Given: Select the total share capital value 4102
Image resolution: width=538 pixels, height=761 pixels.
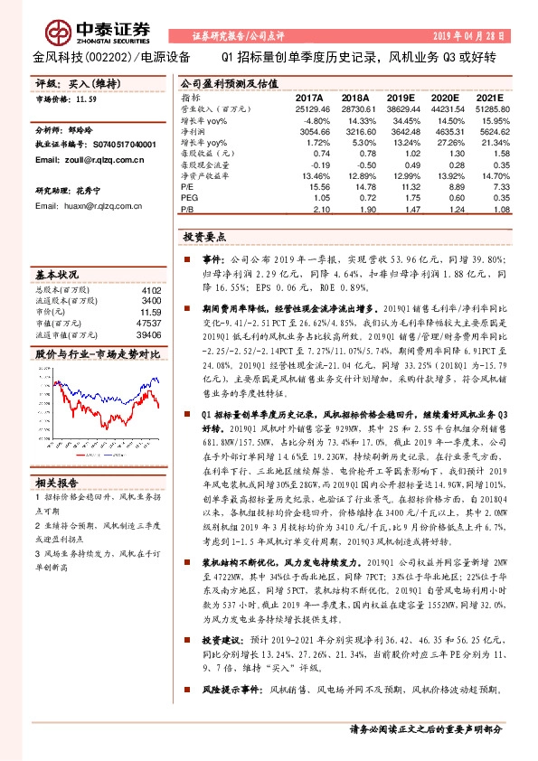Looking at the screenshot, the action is pyautogui.click(x=152, y=290).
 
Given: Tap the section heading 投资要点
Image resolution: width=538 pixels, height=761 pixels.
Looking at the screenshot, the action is pyautogui.click(x=203, y=236).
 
